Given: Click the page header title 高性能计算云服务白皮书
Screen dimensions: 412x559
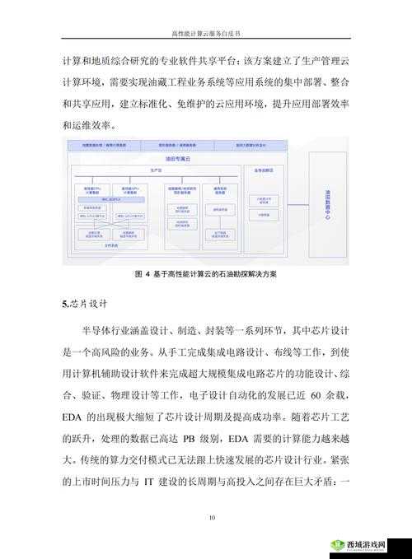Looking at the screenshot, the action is (206, 34).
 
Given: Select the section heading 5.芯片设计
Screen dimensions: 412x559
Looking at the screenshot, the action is (86, 304).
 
